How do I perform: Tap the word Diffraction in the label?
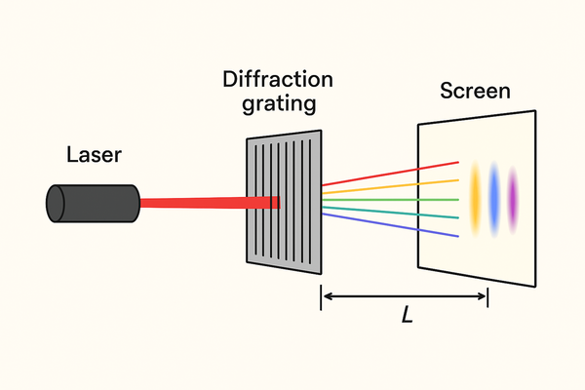[278, 82]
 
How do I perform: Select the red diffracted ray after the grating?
[390, 173]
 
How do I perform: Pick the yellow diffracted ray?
[390, 188]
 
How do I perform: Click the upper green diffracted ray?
[390, 203]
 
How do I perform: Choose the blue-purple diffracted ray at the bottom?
[390, 225]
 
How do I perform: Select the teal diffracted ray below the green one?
[390, 213]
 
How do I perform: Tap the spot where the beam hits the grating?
[275, 203]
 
